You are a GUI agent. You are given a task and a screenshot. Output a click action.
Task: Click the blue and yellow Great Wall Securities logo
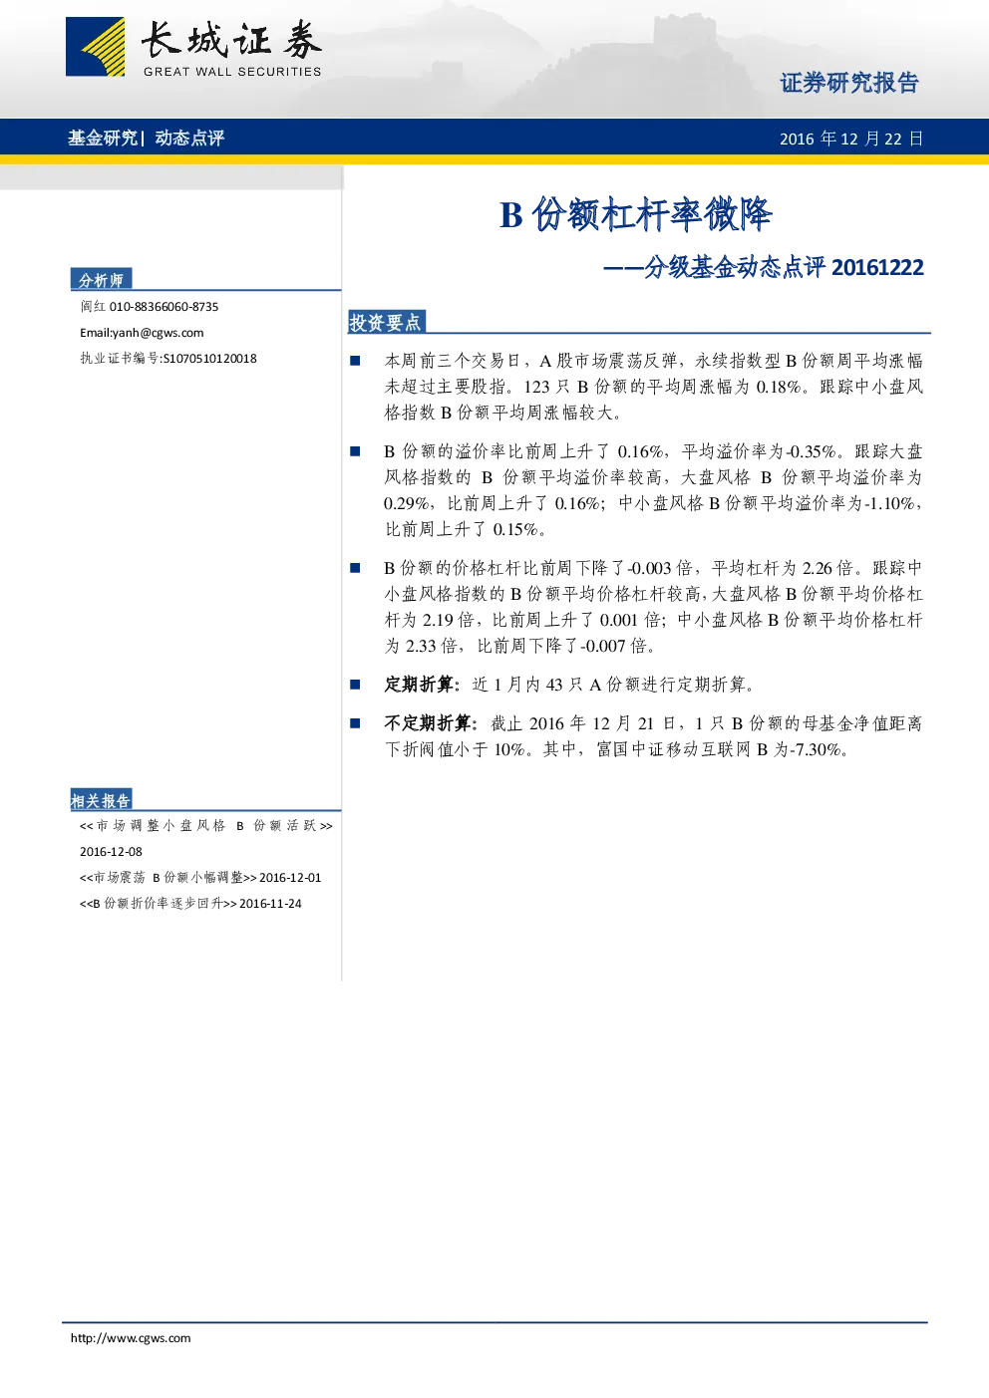(x=95, y=47)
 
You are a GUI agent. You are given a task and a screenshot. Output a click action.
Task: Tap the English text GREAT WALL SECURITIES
(x=232, y=72)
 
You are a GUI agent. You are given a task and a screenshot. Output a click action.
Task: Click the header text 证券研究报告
(x=849, y=83)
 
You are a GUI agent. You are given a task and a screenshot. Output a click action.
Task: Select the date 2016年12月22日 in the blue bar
(x=851, y=138)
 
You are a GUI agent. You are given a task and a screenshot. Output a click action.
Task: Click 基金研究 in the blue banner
(x=103, y=138)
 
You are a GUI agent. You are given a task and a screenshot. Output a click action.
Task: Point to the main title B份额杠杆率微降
(x=636, y=214)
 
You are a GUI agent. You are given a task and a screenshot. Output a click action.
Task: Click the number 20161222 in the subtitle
(x=877, y=267)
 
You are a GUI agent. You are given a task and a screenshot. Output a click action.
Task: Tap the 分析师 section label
(x=101, y=280)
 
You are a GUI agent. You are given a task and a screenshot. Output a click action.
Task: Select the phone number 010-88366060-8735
(x=164, y=307)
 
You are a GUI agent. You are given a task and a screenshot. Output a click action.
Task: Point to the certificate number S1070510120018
(x=209, y=359)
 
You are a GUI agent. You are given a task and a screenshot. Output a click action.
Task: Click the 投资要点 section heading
(x=385, y=322)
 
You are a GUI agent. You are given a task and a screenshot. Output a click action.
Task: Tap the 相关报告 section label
(x=101, y=800)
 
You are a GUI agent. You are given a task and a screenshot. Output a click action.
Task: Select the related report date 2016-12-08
(x=111, y=851)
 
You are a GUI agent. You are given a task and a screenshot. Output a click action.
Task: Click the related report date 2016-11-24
(x=270, y=903)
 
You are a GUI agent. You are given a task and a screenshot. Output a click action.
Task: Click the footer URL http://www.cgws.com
(x=131, y=1337)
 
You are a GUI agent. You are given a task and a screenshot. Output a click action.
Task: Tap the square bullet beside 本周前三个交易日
(x=355, y=361)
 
